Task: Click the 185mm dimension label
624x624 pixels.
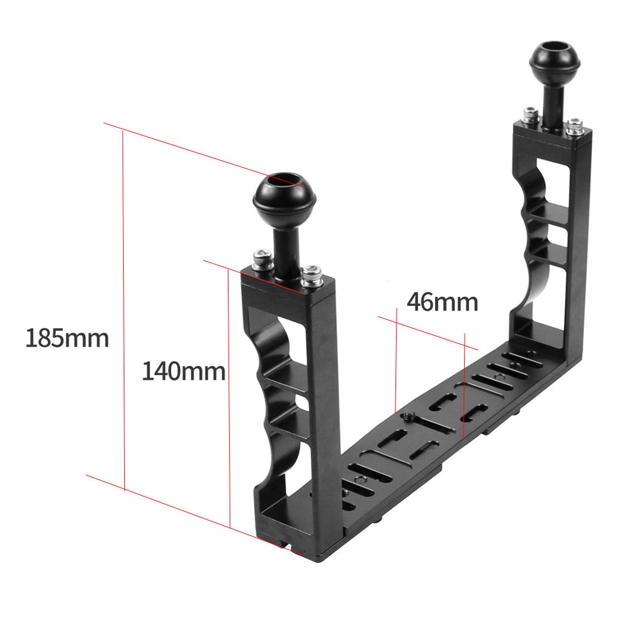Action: pos(67,338)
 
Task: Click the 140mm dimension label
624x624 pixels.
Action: pos(183,372)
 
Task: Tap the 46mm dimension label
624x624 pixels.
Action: pos(442,302)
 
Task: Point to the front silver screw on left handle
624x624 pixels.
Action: pos(311,276)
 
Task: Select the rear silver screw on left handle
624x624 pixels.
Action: pos(263,259)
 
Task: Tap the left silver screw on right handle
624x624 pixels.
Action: pos(531,116)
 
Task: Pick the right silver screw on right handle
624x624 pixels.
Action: pos(575,126)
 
